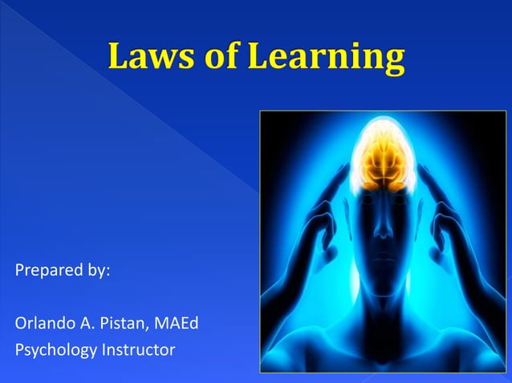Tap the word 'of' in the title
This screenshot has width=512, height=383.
pyautogui.click(x=220, y=57)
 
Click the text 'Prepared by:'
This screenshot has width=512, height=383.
pyautogui.click(x=63, y=270)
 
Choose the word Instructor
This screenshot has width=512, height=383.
pyautogui.click(x=136, y=350)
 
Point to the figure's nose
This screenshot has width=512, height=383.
pyautogui.click(x=383, y=228)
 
